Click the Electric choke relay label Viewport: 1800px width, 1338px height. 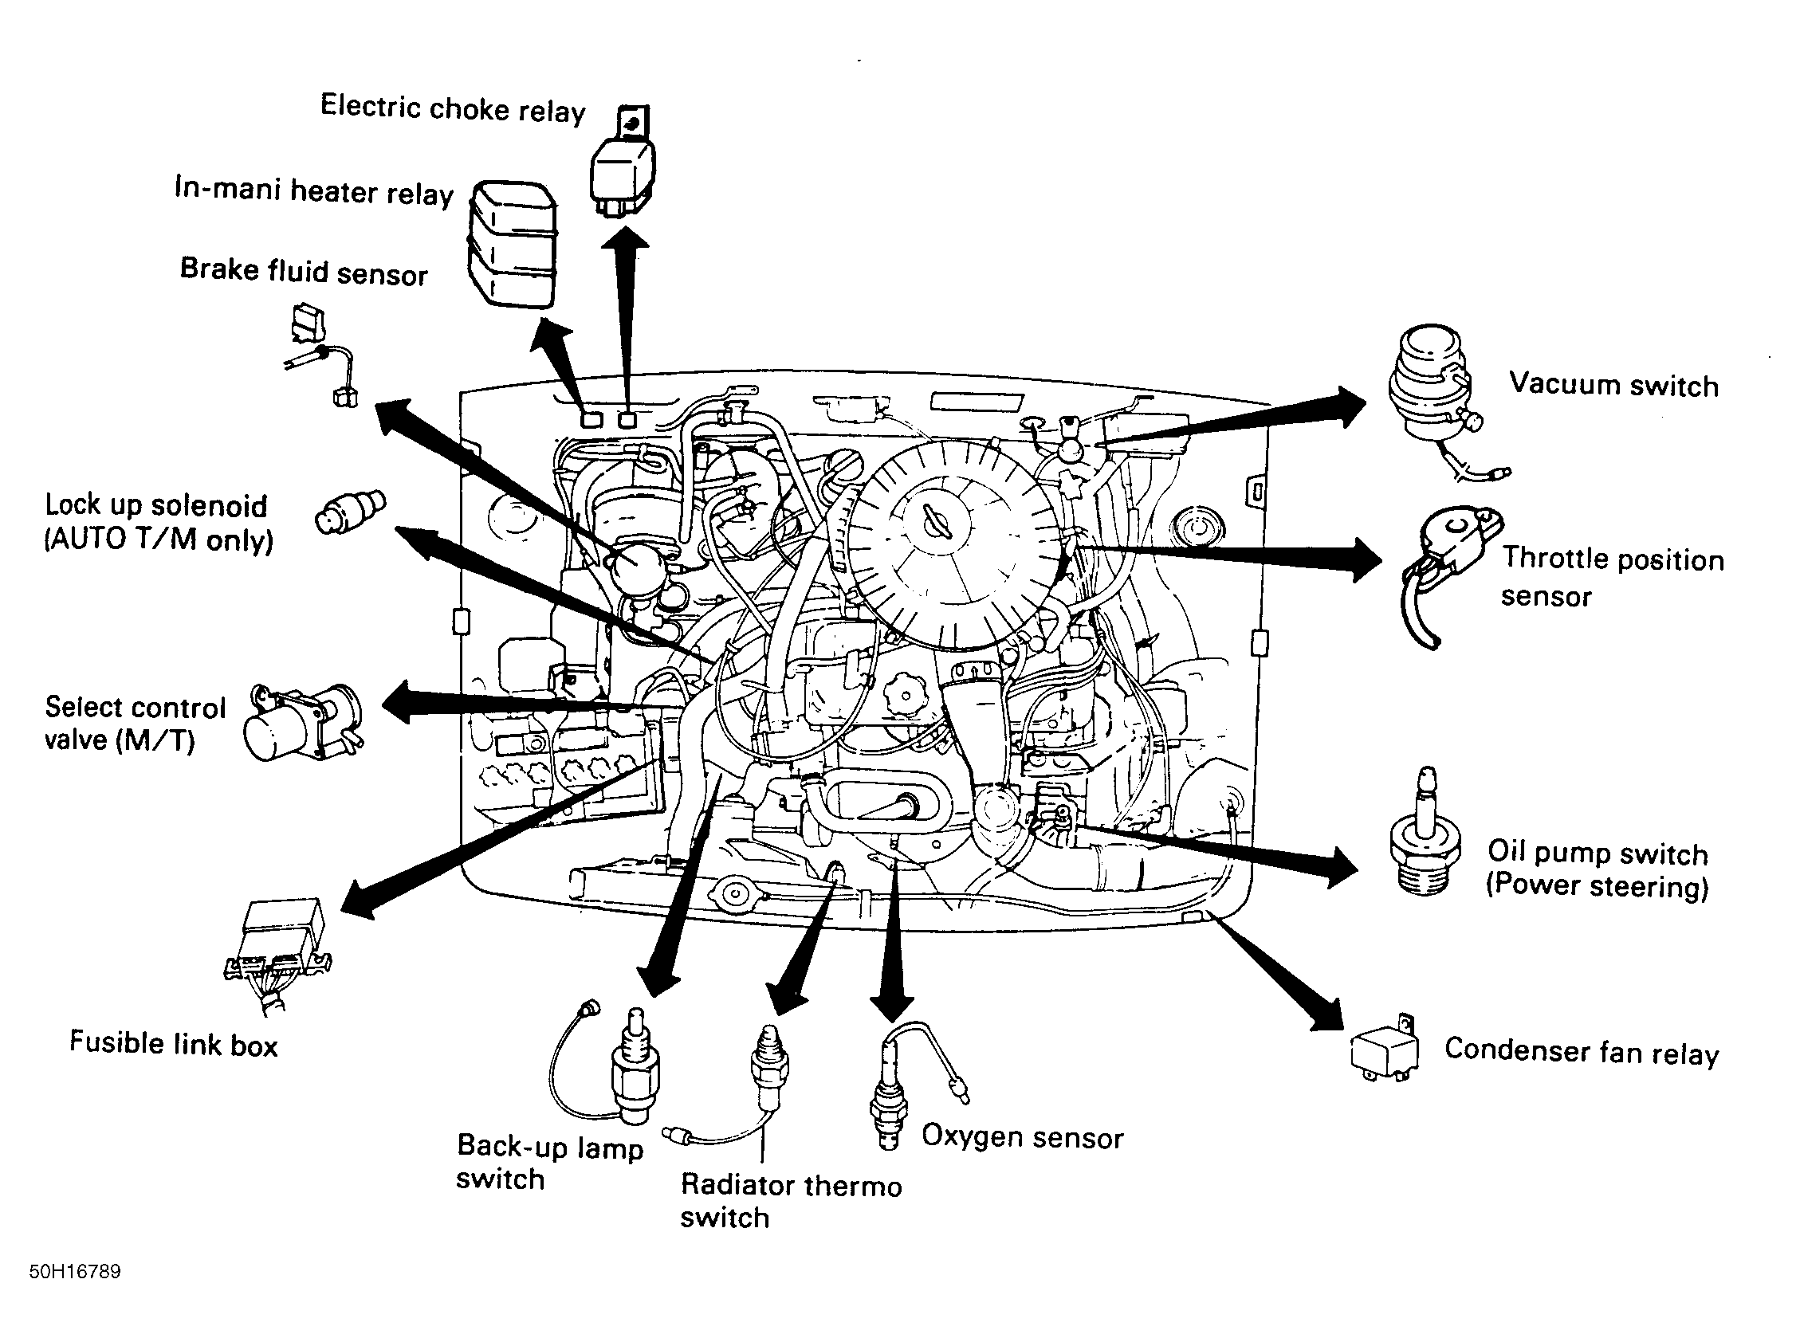(x=452, y=108)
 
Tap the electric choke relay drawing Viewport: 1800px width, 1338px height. (x=622, y=167)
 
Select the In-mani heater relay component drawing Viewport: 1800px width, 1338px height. (x=513, y=243)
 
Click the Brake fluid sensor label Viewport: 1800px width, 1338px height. (x=303, y=271)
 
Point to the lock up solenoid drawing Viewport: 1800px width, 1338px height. (x=351, y=512)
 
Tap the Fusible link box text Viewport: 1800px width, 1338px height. (x=173, y=1044)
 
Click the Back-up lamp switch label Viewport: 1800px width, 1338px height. (x=549, y=1162)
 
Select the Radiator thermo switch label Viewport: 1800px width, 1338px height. (x=790, y=1200)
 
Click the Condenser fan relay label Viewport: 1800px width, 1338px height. (x=1582, y=1052)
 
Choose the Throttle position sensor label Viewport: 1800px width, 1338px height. (x=1612, y=577)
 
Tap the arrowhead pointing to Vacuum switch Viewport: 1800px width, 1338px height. (x=1349, y=406)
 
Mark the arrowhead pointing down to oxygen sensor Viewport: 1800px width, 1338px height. (x=891, y=1007)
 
